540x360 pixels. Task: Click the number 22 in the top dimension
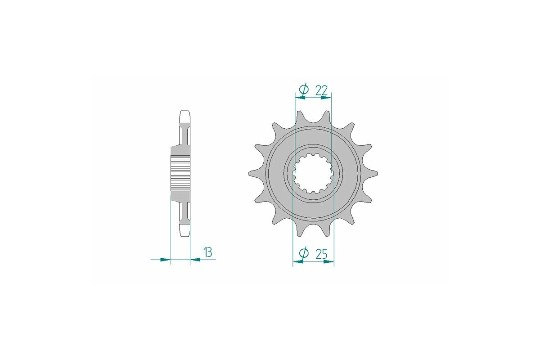pyautogui.click(x=321, y=90)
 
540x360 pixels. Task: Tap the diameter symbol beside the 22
pyautogui.click(x=304, y=90)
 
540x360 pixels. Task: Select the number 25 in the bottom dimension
pyautogui.click(x=321, y=254)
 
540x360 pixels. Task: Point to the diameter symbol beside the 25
pyautogui.click(x=304, y=254)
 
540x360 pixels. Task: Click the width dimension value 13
pyautogui.click(x=207, y=252)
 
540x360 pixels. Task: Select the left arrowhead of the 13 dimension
pyautogui.click(x=166, y=259)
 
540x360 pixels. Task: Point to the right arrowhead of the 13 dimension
pyautogui.click(x=195, y=259)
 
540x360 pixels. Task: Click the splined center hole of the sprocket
pyautogui.click(x=313, y=173)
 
